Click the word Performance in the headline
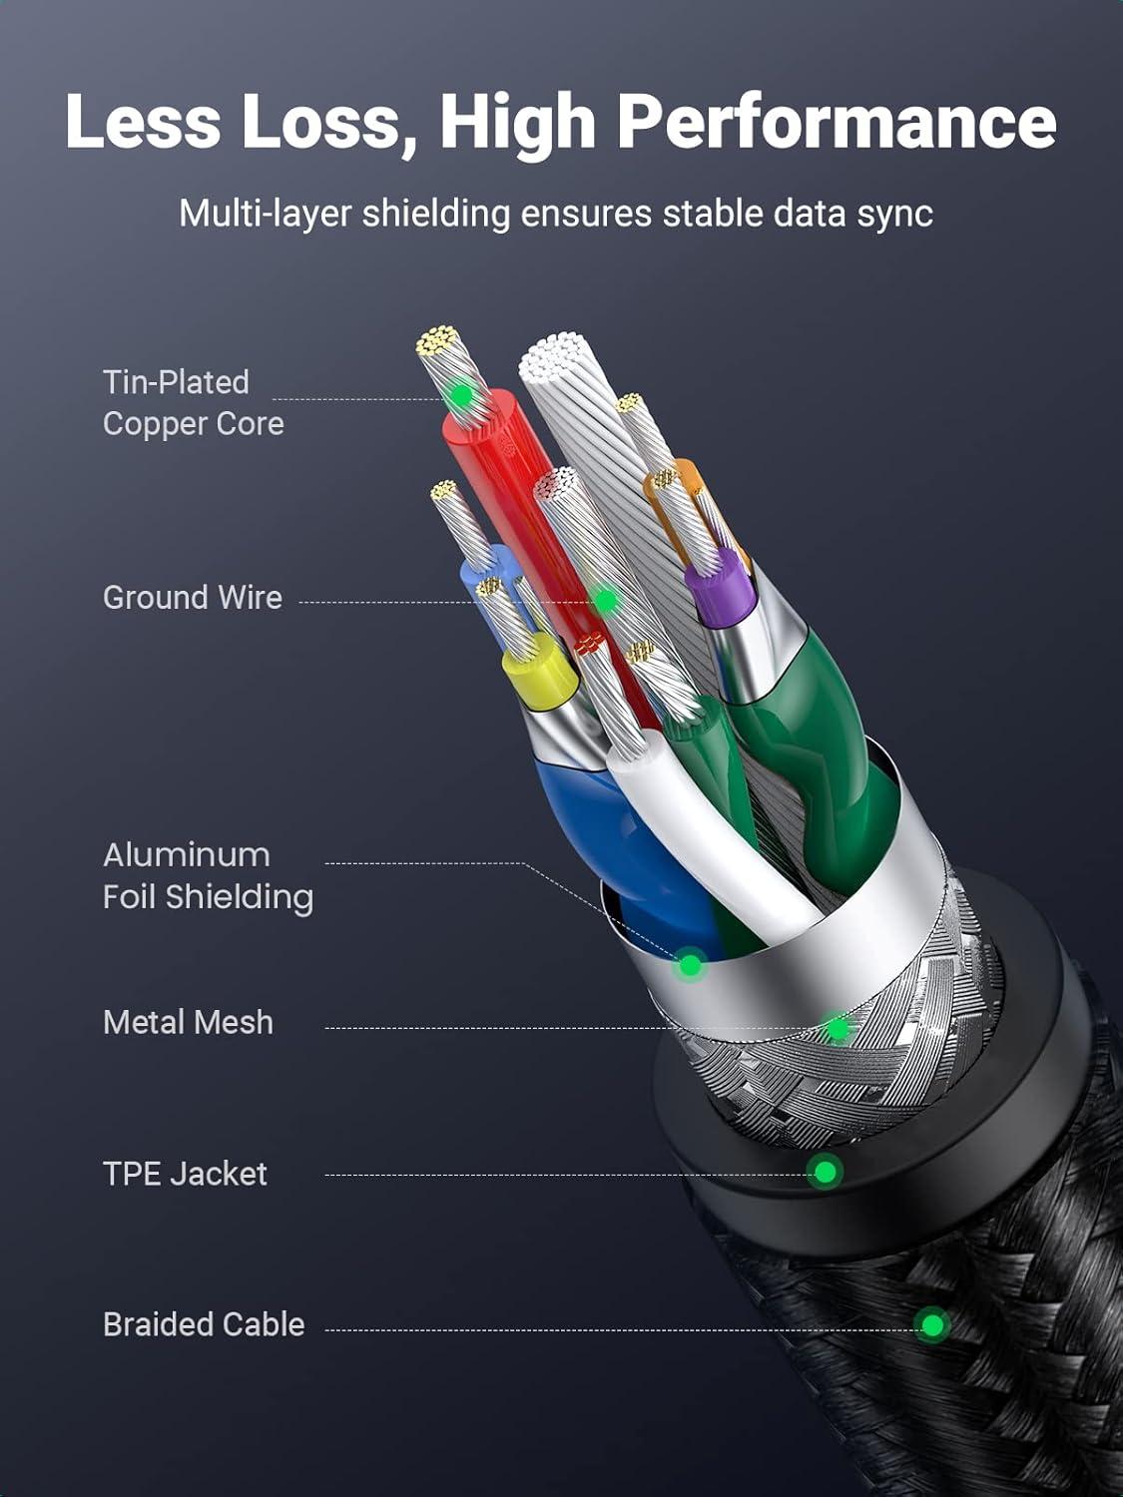tap(836, 123)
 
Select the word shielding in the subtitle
tap(435, 214)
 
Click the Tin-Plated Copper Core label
tap(193, 403)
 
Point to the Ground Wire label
tap(193, 598)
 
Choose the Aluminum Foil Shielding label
tap(208, 876)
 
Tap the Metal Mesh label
tap(188, 1022)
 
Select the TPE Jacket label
tap(185, 1174)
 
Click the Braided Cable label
tap(204, 1324)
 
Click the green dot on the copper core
tap(460, 396)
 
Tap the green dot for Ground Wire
tap(605, 600)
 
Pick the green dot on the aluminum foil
tap(690, 965)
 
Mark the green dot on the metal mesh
tap(838, 1028)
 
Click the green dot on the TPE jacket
tap(825, 1171)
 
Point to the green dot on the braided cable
tap(932, 1325)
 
